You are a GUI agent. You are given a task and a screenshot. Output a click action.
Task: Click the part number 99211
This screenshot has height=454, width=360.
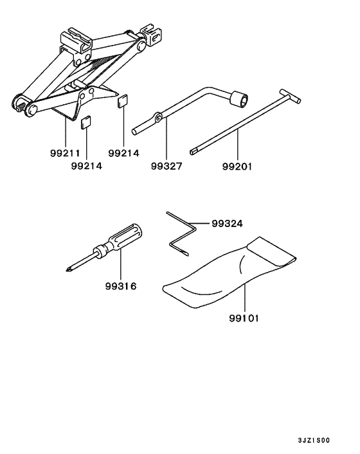point(65,153)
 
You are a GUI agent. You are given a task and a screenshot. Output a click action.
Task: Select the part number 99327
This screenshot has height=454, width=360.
point(166,166)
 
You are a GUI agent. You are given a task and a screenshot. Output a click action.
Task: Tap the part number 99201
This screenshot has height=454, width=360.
point(237,167)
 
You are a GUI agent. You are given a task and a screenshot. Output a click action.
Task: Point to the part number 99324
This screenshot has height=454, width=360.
point(227,224)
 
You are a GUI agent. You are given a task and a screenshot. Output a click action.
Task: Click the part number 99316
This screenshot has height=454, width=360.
point(120,286)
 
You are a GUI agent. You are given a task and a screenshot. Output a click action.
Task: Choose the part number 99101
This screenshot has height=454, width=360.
point(244,318)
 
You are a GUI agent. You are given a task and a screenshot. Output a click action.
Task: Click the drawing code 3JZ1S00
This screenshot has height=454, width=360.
point(314,440)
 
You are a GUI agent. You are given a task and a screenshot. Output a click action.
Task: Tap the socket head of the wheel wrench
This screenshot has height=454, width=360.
point(239,99)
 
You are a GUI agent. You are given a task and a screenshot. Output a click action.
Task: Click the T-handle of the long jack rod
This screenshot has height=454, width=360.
point(290,96)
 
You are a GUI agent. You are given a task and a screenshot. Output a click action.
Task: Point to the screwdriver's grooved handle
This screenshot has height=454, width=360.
point(125,237)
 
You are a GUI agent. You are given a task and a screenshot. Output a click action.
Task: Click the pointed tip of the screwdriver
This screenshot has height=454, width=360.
point(68,269)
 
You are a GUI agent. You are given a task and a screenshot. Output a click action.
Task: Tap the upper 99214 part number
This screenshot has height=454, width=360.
point(123,153)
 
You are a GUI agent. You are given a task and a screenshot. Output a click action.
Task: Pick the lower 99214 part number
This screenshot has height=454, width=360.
point(87,166)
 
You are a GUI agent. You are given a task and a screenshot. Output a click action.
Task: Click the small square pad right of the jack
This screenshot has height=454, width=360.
point(122,101)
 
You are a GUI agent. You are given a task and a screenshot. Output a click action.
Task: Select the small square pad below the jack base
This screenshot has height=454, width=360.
point(85,123)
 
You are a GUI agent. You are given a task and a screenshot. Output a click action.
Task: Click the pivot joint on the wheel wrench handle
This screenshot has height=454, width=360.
point(157,117)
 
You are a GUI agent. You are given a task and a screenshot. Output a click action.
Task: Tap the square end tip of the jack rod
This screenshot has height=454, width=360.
point(192,152)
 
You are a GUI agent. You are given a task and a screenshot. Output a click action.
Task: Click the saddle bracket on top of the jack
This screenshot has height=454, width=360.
point(76,41)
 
